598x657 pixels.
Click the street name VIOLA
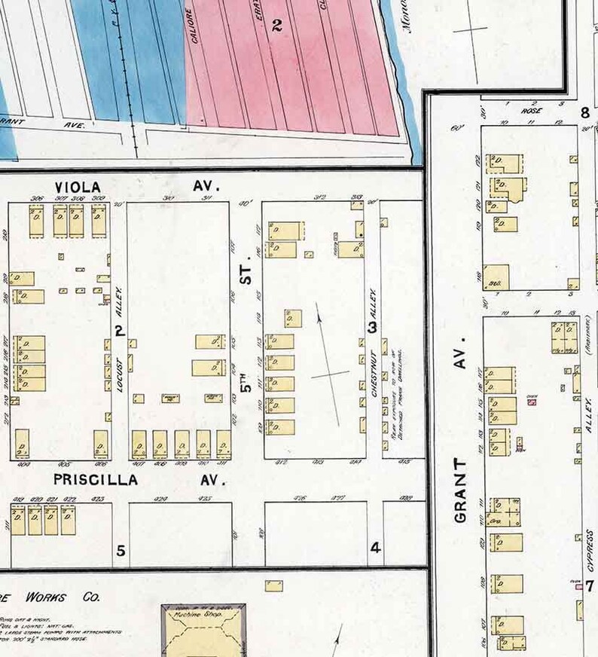[78, 186]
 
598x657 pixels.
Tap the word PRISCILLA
[95, 479]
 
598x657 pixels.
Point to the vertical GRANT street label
[461, 490]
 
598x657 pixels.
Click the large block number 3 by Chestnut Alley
[371, 327]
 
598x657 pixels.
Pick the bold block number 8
[584, 113]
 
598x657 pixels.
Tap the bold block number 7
[590, 585]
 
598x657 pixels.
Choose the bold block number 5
[121, 550]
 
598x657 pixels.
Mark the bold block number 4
[375, 548]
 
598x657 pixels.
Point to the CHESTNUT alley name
[374, 374]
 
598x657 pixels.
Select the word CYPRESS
[590, 549]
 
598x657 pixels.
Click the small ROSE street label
[532, 110]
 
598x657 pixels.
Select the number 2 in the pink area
[276, 26]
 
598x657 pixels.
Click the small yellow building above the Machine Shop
[274, 585]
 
